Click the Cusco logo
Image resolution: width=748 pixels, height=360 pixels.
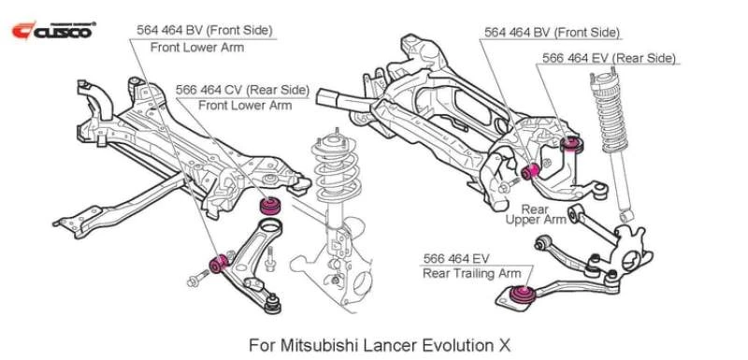(52, 30)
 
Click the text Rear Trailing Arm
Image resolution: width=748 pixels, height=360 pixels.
(471, 273)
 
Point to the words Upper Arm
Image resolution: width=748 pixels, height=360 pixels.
(536, 220)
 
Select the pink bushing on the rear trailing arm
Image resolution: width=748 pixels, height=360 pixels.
(524, 295)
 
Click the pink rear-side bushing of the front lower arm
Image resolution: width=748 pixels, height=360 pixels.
(271, 206)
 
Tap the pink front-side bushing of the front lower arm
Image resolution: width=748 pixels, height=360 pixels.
(222, 262)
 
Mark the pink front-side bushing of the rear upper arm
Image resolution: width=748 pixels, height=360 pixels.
(534, 171)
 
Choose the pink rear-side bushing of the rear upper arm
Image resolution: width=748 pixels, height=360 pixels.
(575, 142)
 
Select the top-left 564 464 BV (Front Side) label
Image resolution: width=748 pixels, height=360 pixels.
(205, 30)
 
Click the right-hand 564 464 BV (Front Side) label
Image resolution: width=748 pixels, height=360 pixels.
(552, 32)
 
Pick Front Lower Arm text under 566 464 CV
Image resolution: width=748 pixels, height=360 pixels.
(245, 106)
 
